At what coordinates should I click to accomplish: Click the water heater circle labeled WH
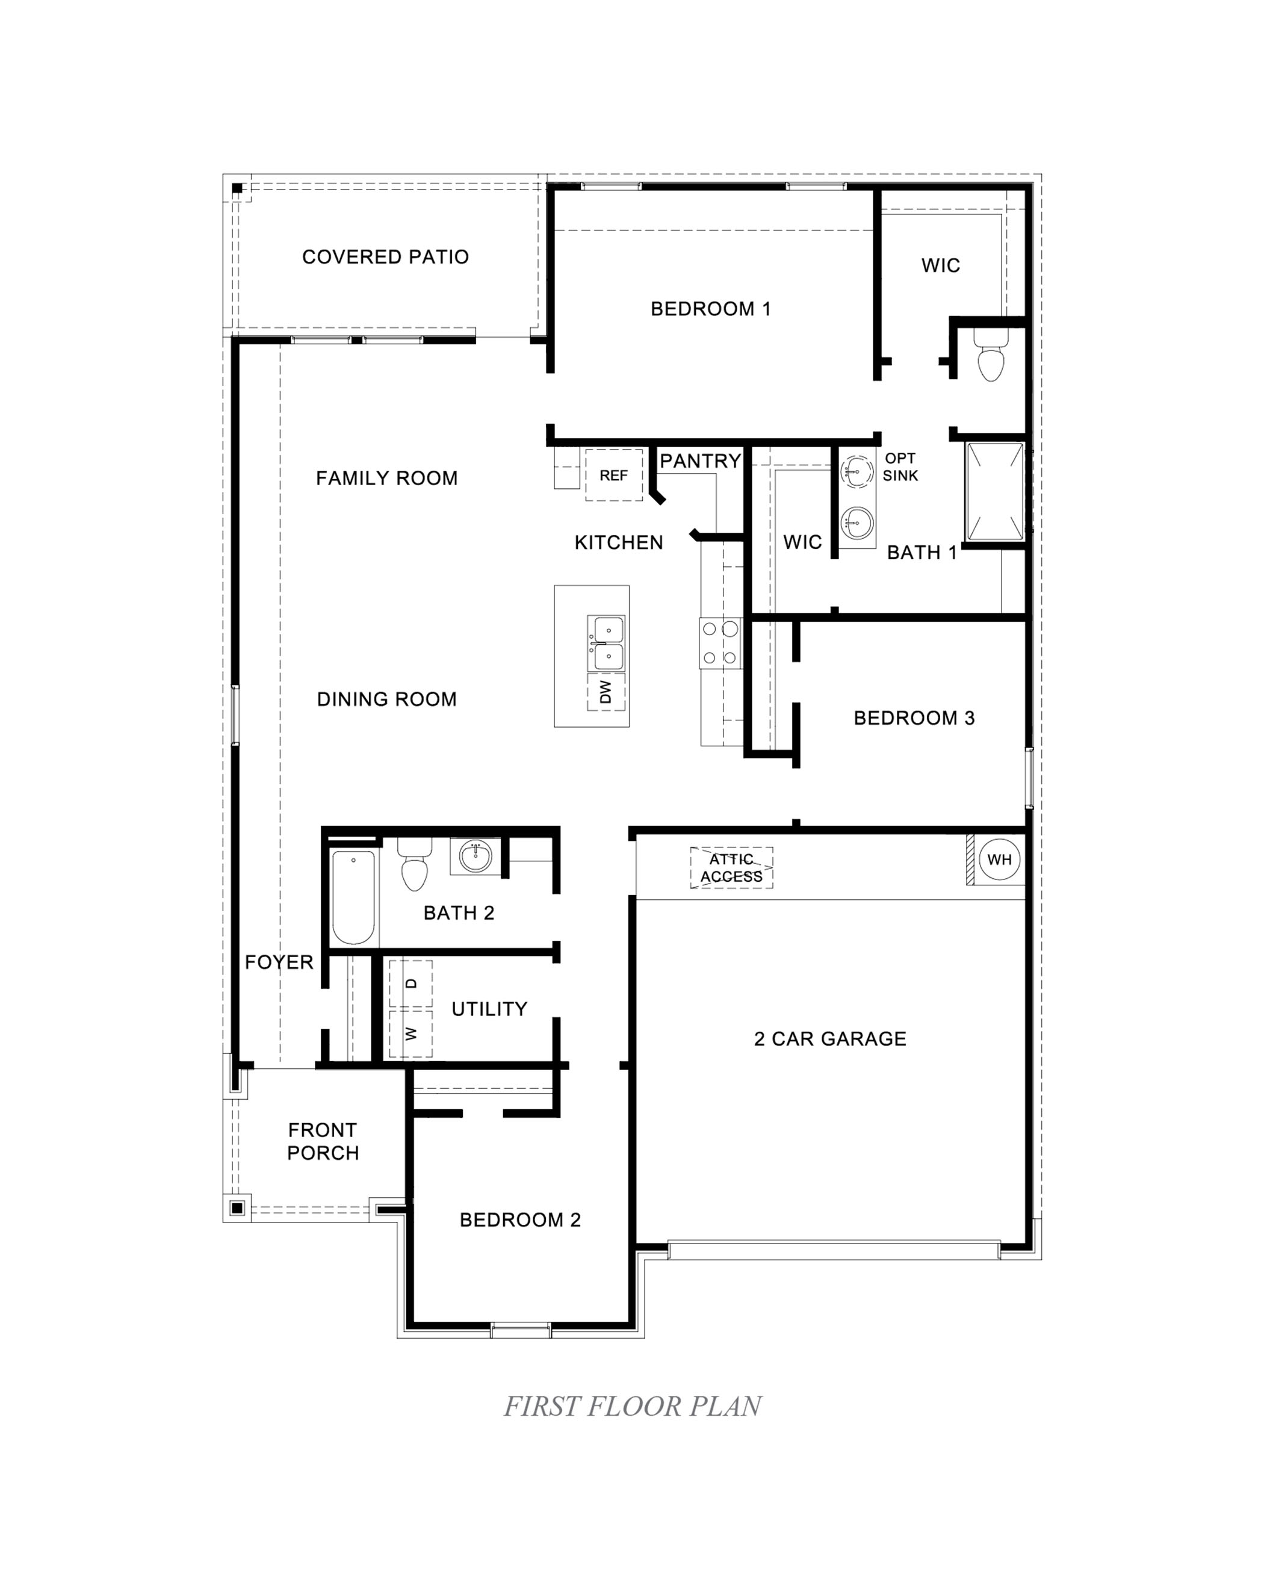point(999,859)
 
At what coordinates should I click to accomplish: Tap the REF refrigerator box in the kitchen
point(613,475)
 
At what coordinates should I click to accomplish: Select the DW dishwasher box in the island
point(606,691)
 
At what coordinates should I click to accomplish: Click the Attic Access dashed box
point(731,868)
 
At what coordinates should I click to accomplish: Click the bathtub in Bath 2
point(353,897)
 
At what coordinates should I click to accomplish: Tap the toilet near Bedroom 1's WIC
point(990,358)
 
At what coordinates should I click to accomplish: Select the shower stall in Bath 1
point(994,491)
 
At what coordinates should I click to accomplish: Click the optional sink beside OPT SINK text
point(856,471)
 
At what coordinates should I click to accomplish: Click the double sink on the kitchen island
point(607,643)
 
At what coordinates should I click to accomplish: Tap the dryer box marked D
point(410,984)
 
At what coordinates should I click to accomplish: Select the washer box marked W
point(410,1033)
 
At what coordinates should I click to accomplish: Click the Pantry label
point(700,461)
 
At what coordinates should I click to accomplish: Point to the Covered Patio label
point(385,256)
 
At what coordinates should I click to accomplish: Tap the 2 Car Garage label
point(829,1038)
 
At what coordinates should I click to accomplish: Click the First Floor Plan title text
point(633,1406)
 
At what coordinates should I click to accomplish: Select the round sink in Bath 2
point(475,856)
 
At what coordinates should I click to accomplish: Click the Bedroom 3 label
point(913,717)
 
